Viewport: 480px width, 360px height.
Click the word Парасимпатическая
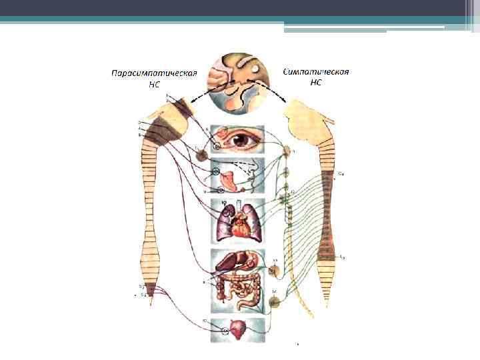[x=153, y=73]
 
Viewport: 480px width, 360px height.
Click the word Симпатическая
[x=317, y=72]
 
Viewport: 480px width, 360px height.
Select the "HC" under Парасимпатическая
[x=155, y=84]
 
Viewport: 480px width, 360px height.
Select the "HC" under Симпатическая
[x=316, y=83]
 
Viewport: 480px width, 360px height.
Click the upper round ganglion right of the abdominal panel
[x=274, y=271]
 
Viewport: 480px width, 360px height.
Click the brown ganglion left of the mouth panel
[x=201, y=156]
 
